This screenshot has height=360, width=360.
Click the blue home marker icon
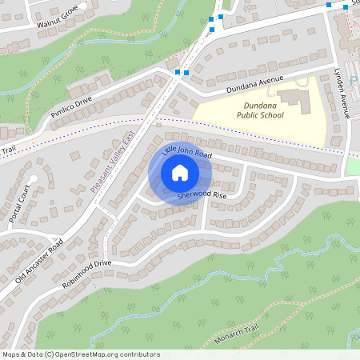[180, 173]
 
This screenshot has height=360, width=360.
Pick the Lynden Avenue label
[342, 93]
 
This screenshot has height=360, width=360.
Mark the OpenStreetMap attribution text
[80, 354]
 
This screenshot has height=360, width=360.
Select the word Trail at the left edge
[8, 150]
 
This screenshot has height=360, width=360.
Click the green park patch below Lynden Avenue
[353, 166]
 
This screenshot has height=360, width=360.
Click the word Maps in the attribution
[12, 354]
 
